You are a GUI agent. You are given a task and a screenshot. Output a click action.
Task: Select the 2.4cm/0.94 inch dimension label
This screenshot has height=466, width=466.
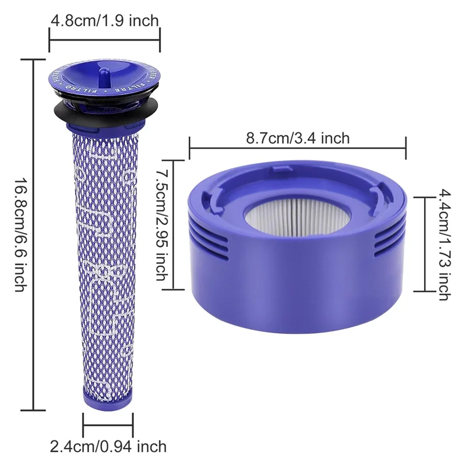point(108,447)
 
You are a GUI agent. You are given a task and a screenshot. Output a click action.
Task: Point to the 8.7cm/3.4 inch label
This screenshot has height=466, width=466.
point(298,138)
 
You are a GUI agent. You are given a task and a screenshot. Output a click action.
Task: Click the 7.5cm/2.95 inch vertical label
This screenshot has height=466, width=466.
point(161,224)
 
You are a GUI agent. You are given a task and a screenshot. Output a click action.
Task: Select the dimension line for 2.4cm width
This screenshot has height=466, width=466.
point(108,423)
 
